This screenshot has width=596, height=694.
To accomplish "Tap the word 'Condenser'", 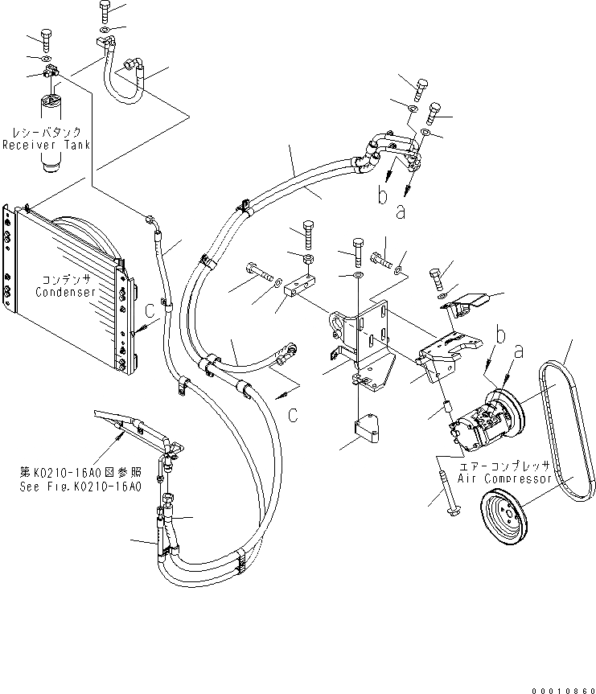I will pyautogui.click(x=65, y=292).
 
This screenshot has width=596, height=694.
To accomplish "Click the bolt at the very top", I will pyautogui.click(x=105, y=10).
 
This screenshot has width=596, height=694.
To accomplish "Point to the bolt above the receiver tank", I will pyautogui.click(x=44, y=39).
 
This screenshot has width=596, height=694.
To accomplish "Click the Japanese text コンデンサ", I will pyautogui.click(x=65, y=279).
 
